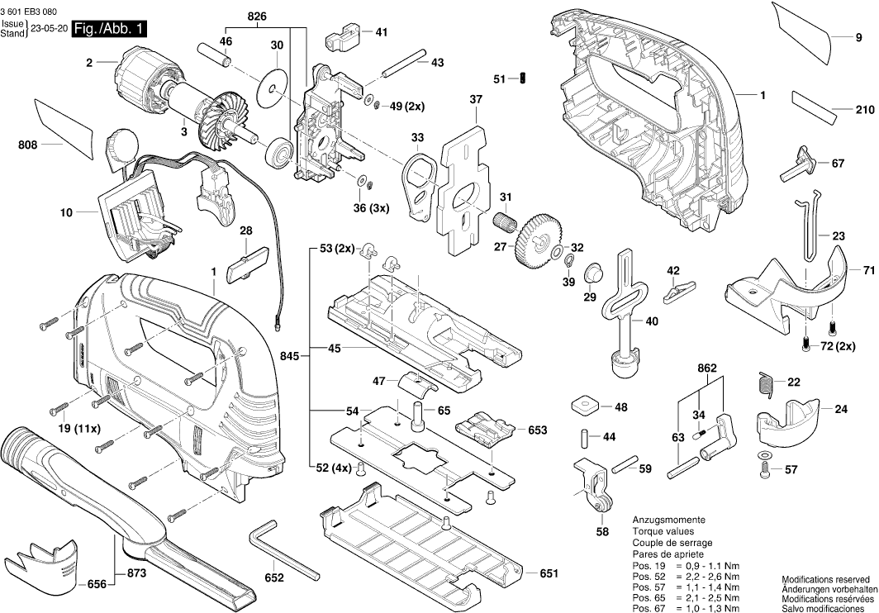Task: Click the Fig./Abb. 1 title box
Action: click(110, 30)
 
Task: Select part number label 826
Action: click(257, 17)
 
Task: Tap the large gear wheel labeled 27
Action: click(538, 240)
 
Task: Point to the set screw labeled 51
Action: click(523, 78)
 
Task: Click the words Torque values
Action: click(663, 531)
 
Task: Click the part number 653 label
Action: click(538, 430)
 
